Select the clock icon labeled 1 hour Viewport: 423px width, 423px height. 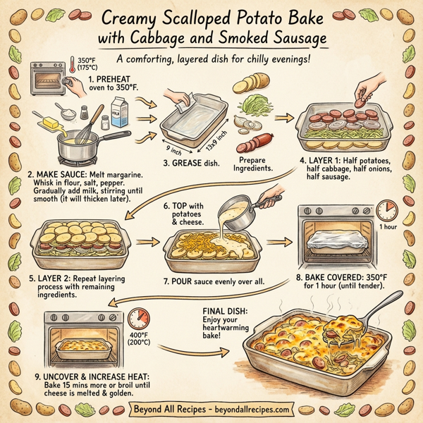(386, 210)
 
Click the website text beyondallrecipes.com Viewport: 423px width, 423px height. (250, 409)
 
